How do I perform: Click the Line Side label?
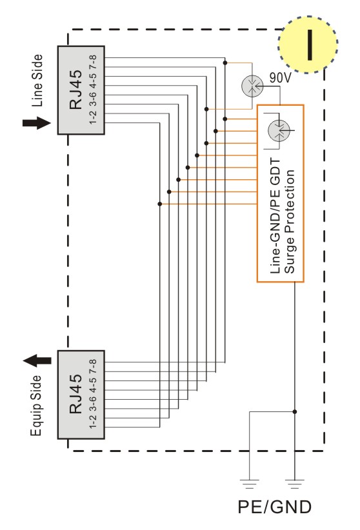tap(37, 81)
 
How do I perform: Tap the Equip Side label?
tap(36, 406)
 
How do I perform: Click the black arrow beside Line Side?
tap(37, 123)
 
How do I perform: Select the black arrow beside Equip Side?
tap(37, 360)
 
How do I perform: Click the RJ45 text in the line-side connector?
tap(75, 90)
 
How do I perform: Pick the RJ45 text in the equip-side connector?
tap(75, 394)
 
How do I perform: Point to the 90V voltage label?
tap(280, 78)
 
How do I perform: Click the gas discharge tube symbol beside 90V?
tap(252, 86)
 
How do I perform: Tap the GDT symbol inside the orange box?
tap(279, 130)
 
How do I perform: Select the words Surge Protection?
tap(289, 221)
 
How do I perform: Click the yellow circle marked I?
tap(308, 44)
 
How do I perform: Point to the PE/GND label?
tap(274, 507)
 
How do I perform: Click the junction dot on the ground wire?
tap(295, 412)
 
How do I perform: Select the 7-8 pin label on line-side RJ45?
tap(93, 63)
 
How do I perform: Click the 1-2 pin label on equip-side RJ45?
tap(93, 421)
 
